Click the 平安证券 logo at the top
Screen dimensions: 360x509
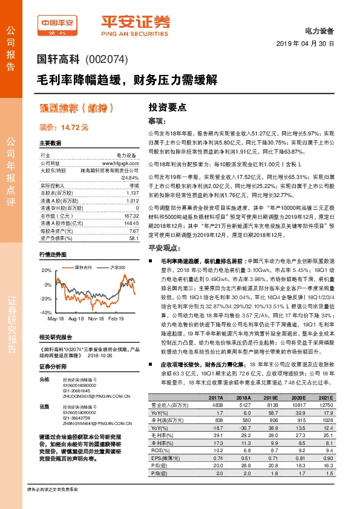136,24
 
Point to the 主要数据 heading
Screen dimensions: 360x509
50,143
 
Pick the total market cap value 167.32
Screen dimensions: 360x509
131,216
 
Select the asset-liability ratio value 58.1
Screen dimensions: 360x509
134,239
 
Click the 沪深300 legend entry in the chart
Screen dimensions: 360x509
115,267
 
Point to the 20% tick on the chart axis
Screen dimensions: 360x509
47,270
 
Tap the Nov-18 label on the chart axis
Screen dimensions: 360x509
96,317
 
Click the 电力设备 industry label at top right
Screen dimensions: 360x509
320,30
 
